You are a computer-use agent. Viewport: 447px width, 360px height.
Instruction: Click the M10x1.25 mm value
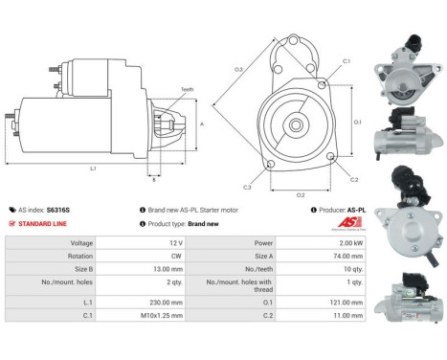[x=149, y=314]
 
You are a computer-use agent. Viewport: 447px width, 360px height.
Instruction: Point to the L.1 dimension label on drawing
[x=93, y=169]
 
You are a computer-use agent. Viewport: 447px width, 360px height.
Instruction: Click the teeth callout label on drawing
[x=187, y=89]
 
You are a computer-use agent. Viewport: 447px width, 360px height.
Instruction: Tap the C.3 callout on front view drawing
[x=247, y=186]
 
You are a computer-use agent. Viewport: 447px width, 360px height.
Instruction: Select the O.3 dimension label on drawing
[x=238, y=70]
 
